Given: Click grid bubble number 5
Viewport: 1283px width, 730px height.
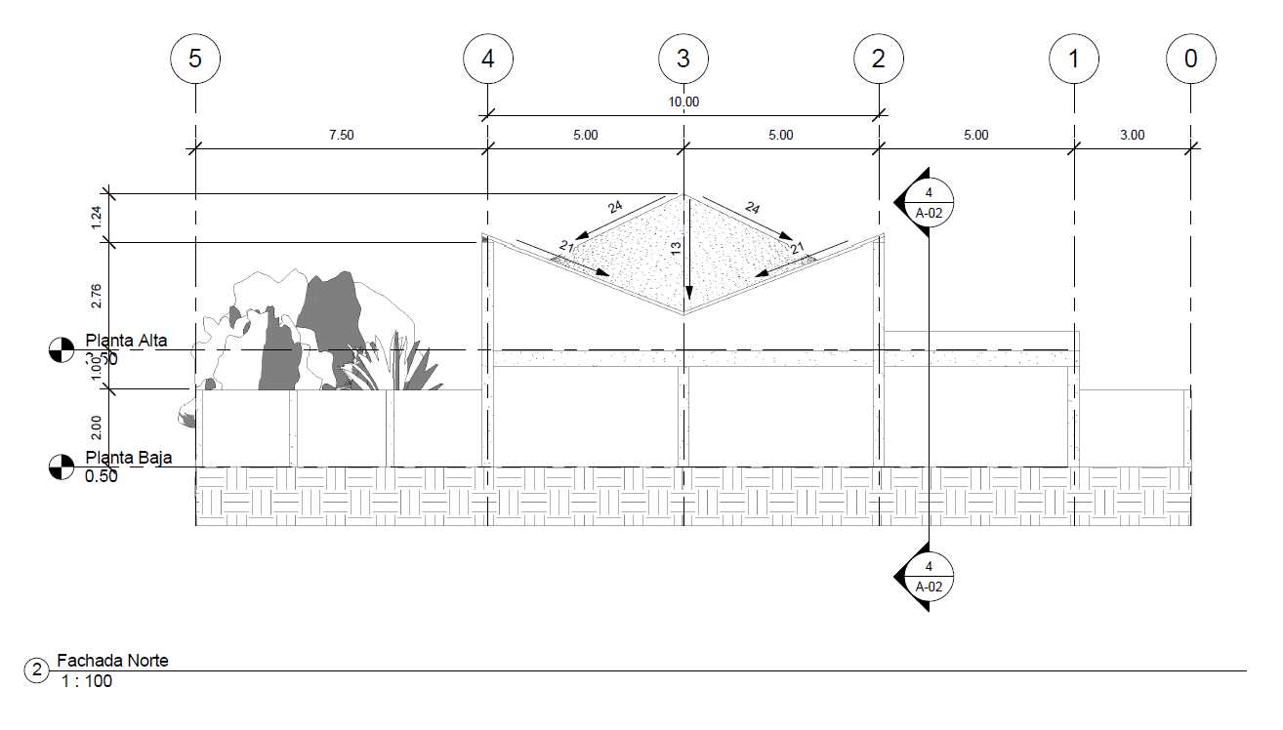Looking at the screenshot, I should (x=195, y=59).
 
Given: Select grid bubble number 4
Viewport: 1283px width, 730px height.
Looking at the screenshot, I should (x=488, y=59).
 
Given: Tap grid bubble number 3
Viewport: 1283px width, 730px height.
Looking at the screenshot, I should (x=683, y=59).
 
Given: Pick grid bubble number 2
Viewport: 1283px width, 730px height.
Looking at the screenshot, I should (x=879, y=59).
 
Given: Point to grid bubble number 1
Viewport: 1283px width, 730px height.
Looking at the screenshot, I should (x=1074, y=59).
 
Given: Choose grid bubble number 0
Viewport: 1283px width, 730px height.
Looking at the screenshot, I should (x=1190, y=59).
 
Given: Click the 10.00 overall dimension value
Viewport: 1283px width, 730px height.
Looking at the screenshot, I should (x=683, y=101).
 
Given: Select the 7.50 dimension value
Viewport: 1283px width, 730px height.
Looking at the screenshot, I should (x=341, y=136).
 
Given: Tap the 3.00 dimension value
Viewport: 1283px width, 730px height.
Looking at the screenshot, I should (x=1132, y=136).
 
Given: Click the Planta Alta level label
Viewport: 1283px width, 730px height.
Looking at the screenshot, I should (x=126, y=341).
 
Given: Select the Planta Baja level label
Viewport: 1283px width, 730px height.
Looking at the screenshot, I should (x=126, y=458).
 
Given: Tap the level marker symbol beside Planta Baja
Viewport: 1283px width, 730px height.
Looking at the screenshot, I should (x=61, y=466).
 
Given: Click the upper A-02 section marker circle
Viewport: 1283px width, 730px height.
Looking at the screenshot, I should (x=929, y=201).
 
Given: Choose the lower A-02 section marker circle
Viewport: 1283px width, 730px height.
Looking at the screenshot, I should (x=929, y=577).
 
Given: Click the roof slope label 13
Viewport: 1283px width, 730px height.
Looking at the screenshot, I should (x=677, y=250).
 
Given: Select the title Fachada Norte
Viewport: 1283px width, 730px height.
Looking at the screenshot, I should (x=112, y=661).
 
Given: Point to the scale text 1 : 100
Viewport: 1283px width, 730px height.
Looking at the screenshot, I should (x=86, y=681).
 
